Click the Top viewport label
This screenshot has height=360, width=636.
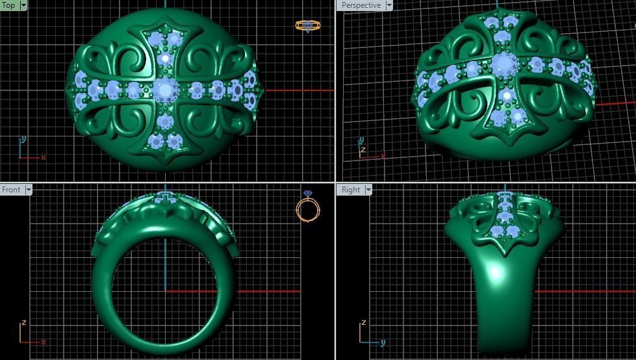tap(9, 5)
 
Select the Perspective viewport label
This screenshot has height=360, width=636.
tap(361, 5)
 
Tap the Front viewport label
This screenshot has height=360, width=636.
tap(11, 190)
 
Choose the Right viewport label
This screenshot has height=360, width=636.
tap(350, 190)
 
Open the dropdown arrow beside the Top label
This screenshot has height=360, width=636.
tap(24, 5)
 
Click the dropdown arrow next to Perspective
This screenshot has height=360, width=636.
tap(389, 5)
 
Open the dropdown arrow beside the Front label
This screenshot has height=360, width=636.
tap(28, 190)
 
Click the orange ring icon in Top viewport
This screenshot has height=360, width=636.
tap(307, 26)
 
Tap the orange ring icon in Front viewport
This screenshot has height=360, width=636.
tap(308, 209)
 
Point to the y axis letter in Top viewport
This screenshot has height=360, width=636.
tap(23, 139)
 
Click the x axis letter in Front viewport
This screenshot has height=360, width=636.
tap(44, 342)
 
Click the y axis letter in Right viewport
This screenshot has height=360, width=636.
tap(383, 342)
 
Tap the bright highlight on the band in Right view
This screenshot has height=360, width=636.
tap(497, 272)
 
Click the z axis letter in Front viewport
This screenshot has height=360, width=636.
tap(23, 322)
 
